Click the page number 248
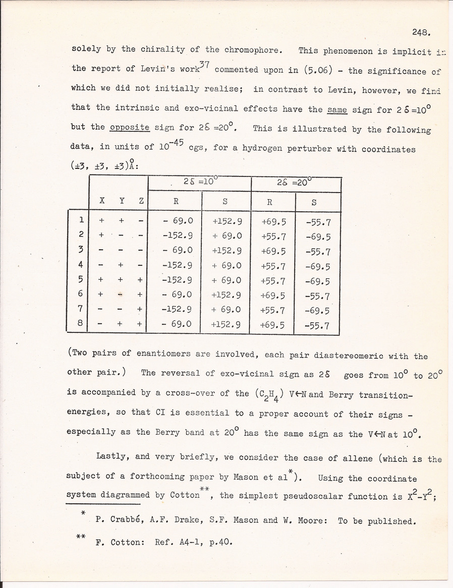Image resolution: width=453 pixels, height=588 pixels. [420, 33]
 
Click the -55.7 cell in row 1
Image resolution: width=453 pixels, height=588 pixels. [317, 222]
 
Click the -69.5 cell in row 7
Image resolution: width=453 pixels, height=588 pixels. [317, 311]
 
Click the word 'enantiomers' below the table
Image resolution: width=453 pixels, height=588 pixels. [155, 355]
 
